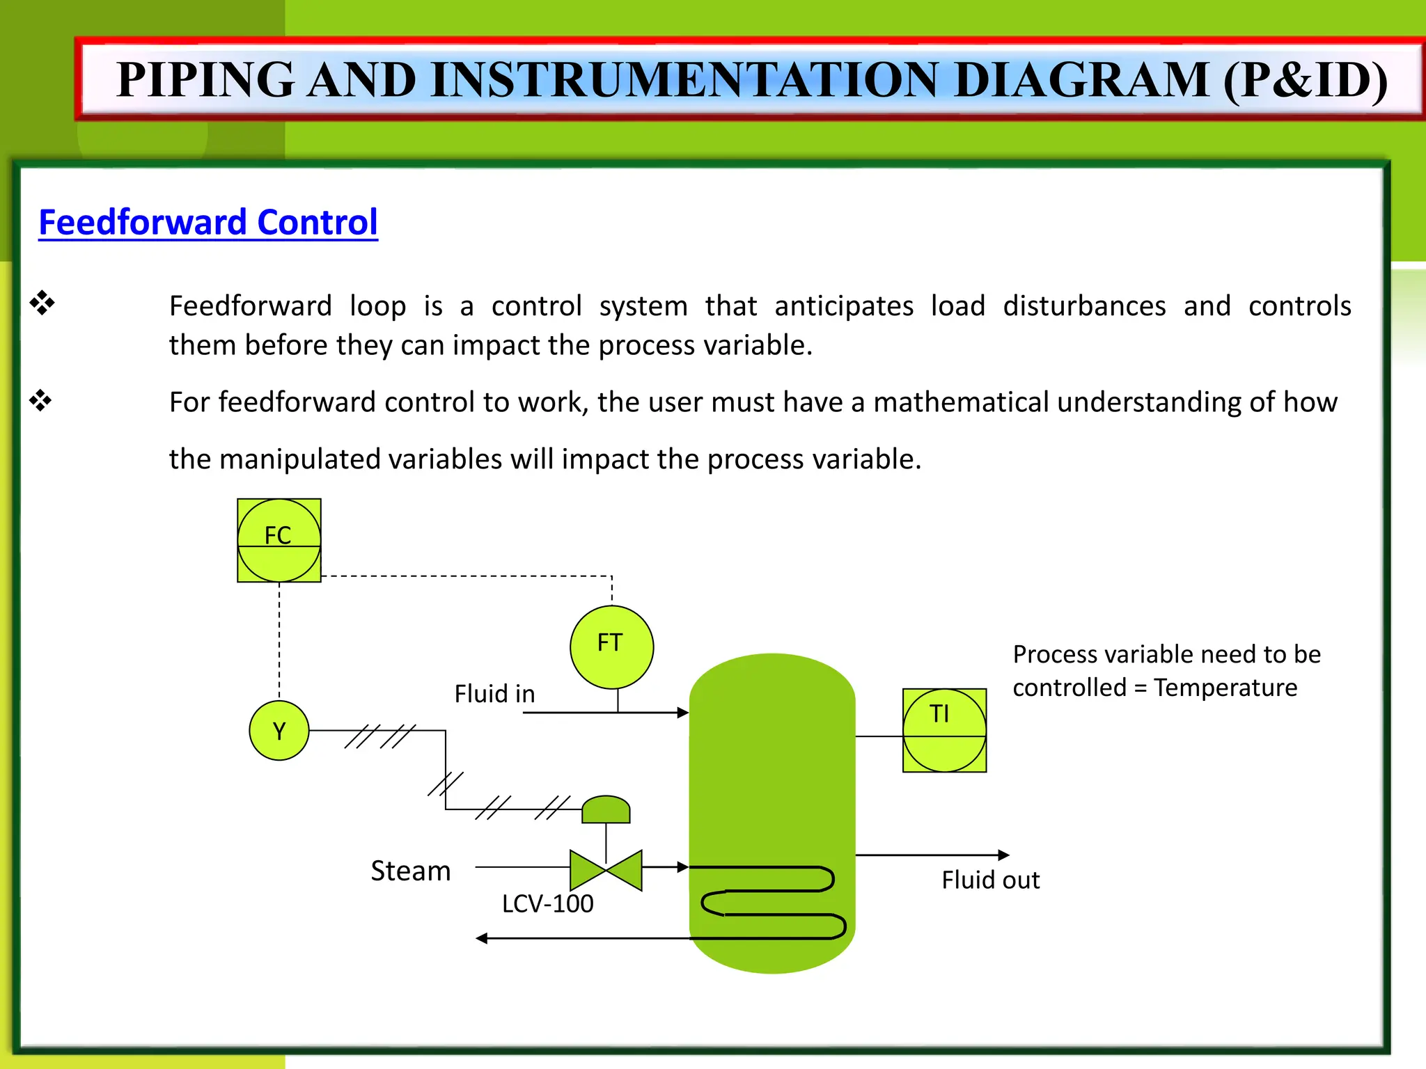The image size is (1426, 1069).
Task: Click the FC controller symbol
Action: coord(279,540)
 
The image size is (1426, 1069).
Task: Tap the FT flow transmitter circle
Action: coord(611,647)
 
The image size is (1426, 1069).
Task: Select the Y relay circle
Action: coord(279,731)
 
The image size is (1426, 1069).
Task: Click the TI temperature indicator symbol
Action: coord(944,730)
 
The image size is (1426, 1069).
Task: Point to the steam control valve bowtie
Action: coord(606,869)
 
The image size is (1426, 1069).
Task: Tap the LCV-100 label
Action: coord(547,903)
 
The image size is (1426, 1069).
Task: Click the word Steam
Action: coord(410,871)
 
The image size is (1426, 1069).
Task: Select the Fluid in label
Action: coord(494,693)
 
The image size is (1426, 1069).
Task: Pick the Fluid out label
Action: coord(990,880)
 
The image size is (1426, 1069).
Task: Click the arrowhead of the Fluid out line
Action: coord(1003,855)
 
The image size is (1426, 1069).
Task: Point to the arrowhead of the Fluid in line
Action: coord(683,712)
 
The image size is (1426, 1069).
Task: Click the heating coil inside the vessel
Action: coord(773,902)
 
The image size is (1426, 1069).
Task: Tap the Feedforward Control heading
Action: coord(207,222)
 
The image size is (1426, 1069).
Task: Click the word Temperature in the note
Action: coord(1225,688)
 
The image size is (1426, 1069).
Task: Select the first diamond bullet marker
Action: coord(42,303)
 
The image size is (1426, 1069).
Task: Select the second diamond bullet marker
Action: coord(40,400)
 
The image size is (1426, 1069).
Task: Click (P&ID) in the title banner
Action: coord(1304,79)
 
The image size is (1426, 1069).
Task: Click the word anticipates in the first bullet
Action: coord(843,306)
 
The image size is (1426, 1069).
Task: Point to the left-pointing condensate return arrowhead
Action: coord(482,938)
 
